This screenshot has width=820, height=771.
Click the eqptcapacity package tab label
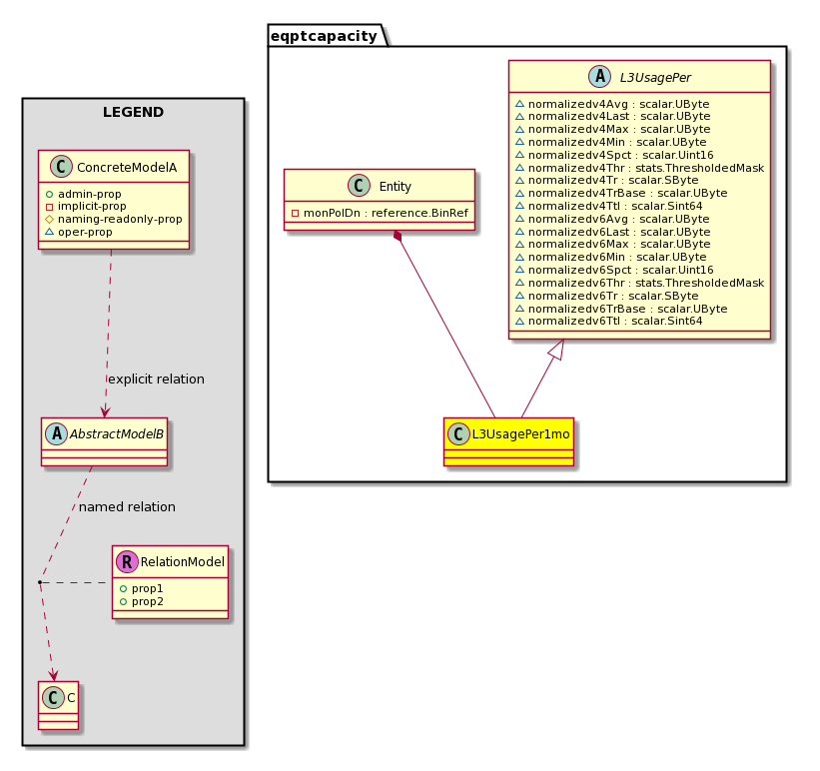coord(324,36)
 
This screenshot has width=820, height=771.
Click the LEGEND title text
coord(134,112)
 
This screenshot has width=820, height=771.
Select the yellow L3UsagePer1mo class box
coord(508,442)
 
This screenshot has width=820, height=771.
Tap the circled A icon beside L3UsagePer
coord(599,77)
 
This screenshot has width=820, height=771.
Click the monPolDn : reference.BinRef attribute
coord(380,213)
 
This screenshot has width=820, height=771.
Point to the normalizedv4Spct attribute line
coord(614,155)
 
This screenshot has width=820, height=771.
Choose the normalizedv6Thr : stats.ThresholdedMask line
coord(639,283)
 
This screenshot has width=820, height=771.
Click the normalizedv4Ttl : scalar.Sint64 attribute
coord(608,206)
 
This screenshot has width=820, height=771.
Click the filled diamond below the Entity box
coord(398,236)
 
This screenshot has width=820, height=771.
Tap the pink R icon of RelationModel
coord(127,562)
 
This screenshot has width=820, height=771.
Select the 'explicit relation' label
coord(156,380)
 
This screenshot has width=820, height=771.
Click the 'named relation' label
coord(127,507)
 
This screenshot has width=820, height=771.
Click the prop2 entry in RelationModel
coord(142,601)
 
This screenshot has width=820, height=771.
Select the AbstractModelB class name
coord(117,434)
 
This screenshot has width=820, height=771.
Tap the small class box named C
coord(58,705)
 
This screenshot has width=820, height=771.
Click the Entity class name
coord(395,186)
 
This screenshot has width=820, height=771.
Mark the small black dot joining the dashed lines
coord(40,581)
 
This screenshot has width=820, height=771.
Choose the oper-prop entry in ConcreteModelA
coord(79,232)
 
